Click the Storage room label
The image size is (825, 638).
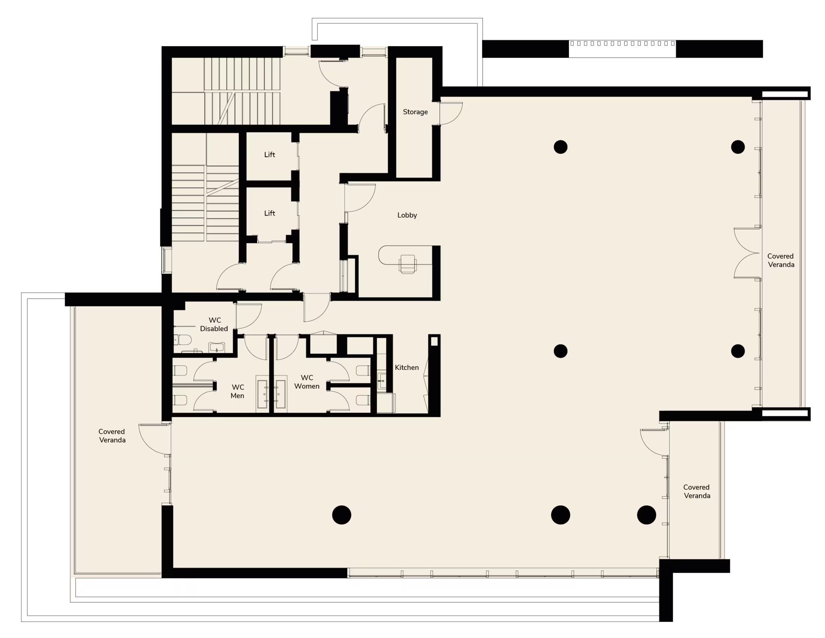tap(415, 112)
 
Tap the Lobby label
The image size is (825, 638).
tap(407, 215)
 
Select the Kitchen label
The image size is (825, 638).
tap(406, 367)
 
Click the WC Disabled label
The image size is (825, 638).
tap(214, 324)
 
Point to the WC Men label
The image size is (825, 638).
tap(237, 391)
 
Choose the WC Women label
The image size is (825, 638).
tap(307, 382)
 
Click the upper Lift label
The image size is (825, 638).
tap(269, 154)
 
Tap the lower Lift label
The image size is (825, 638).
tap(269, 213)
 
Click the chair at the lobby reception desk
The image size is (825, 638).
tap(407, 264)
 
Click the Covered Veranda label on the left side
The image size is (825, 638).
tap(112, 436)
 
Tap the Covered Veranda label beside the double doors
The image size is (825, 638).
tap(781, 260)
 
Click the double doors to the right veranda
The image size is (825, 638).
tap(746, 253)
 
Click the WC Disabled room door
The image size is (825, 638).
tap(249, 316)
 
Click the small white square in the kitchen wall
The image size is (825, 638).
tap(434, 341)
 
